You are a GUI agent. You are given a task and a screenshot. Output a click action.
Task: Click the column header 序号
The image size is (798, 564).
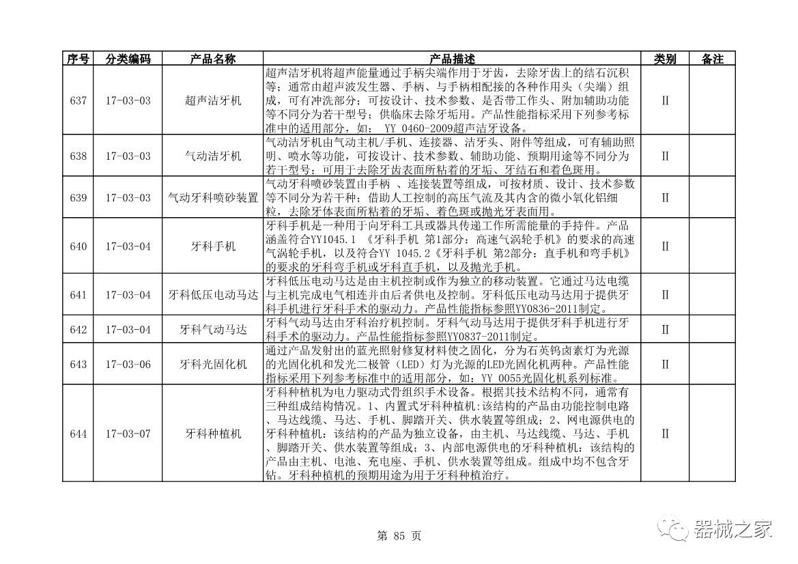click(x=78, y=59)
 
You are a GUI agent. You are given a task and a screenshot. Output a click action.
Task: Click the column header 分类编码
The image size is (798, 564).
click(x=128, y=59)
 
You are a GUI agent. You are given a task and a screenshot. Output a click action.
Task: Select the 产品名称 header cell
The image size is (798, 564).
click(x=213, y=59)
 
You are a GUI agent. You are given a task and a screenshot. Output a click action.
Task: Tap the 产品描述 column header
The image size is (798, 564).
click(x=452, y=59)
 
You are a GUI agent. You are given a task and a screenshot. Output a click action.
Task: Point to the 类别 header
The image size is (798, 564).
click(x=665, y=59)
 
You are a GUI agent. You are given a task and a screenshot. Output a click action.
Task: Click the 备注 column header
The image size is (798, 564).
click(x=712, y=59)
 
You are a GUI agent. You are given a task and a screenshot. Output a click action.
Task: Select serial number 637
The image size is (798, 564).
click(x=78, y=100)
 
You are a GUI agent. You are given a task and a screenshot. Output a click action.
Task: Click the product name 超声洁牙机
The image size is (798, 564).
click(x=213, y=100)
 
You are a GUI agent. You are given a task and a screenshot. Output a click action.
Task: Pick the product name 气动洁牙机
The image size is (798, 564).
click(x=213, y=156)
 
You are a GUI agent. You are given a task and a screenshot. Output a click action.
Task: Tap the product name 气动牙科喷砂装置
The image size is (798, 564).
click(x=213, y=198)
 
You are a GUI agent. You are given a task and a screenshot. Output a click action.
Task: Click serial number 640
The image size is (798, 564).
click(x=78, y=246)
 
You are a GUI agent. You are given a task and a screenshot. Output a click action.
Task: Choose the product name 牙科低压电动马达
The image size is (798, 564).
click(x=213, y=295)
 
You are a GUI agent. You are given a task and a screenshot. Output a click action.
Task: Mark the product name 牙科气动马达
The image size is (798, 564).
click(x=213, y=330)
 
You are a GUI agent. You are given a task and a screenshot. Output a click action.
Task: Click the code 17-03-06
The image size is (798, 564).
click(x=128, y=365)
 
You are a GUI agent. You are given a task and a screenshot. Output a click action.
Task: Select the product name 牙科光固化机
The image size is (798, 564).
click(x=213, y=365)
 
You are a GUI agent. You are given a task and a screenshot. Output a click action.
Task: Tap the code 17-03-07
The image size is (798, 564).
click(x=128, y=434)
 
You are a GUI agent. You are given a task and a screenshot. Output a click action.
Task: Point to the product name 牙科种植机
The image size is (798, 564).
click(x=213, y=434)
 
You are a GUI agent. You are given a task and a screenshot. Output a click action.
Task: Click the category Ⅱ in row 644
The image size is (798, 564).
click(x=665, y=434)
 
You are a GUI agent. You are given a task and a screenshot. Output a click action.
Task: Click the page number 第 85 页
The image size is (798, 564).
click(x=399, y=536)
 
